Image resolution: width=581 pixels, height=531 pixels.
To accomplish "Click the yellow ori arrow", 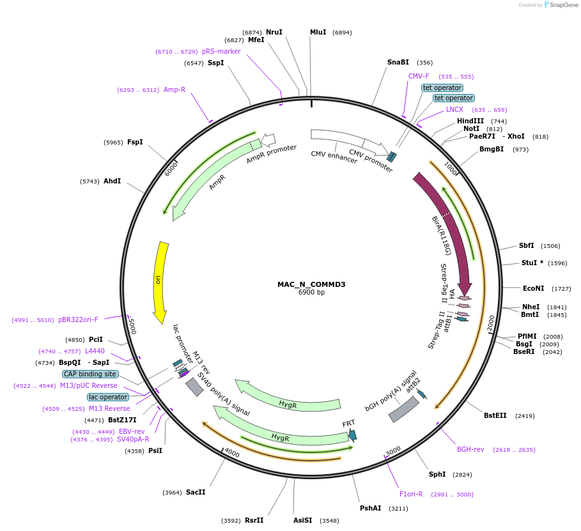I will tap(160, 281).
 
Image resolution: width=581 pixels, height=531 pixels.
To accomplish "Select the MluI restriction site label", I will tap(318, 32).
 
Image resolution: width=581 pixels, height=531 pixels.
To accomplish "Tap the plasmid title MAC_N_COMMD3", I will tap(311, 284).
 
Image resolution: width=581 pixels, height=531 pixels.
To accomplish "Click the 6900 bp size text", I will tap(311, 293).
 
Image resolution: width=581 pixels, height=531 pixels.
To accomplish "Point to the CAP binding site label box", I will tap(90, 374).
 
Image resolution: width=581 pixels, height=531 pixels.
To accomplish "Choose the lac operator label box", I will tap(108, 397).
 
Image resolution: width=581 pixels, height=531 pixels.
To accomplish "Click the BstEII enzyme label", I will tap(495, 415).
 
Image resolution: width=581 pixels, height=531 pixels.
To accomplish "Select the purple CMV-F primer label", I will tap(419, 76).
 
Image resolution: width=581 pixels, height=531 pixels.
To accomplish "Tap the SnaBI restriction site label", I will tap(398, 62).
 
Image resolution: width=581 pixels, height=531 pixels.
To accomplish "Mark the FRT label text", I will tap(348, 424).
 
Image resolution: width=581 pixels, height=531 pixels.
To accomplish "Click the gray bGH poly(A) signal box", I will tap(404, 410).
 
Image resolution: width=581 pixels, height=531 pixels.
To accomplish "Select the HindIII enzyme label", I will tap(470, 121).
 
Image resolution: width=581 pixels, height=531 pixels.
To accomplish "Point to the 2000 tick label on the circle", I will tap(490, 323).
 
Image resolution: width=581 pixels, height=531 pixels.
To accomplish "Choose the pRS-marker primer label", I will tap(221, 51).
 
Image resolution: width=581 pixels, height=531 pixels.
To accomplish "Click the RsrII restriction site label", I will tap(254, 520).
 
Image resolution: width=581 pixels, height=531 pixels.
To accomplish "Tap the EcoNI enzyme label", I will tap(533, 288).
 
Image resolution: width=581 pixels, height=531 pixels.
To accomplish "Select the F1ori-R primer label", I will tap(410, 494).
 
